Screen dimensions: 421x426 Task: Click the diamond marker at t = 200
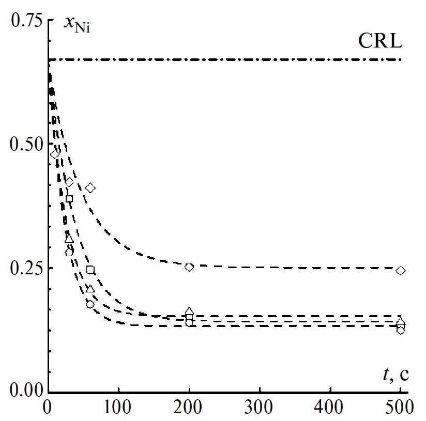pyautogui.click(x=189, y=267)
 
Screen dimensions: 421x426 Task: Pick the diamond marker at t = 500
pyautogui.click(x=401, y=271)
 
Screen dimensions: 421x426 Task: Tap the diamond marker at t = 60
pyautogui.click(x=90, y=188)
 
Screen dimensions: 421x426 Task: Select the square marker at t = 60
pyautogui.click(x=90, y=270)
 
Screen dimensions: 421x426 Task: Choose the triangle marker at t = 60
pyautogui.click(x=90, y=289)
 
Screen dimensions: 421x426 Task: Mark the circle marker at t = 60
pyautogui.click(x=90, y=304)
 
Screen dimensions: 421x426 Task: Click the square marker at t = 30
pyautogui.click(x=69, y=198)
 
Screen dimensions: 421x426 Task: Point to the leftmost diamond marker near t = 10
pyautogui.click(x=55, y=154)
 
